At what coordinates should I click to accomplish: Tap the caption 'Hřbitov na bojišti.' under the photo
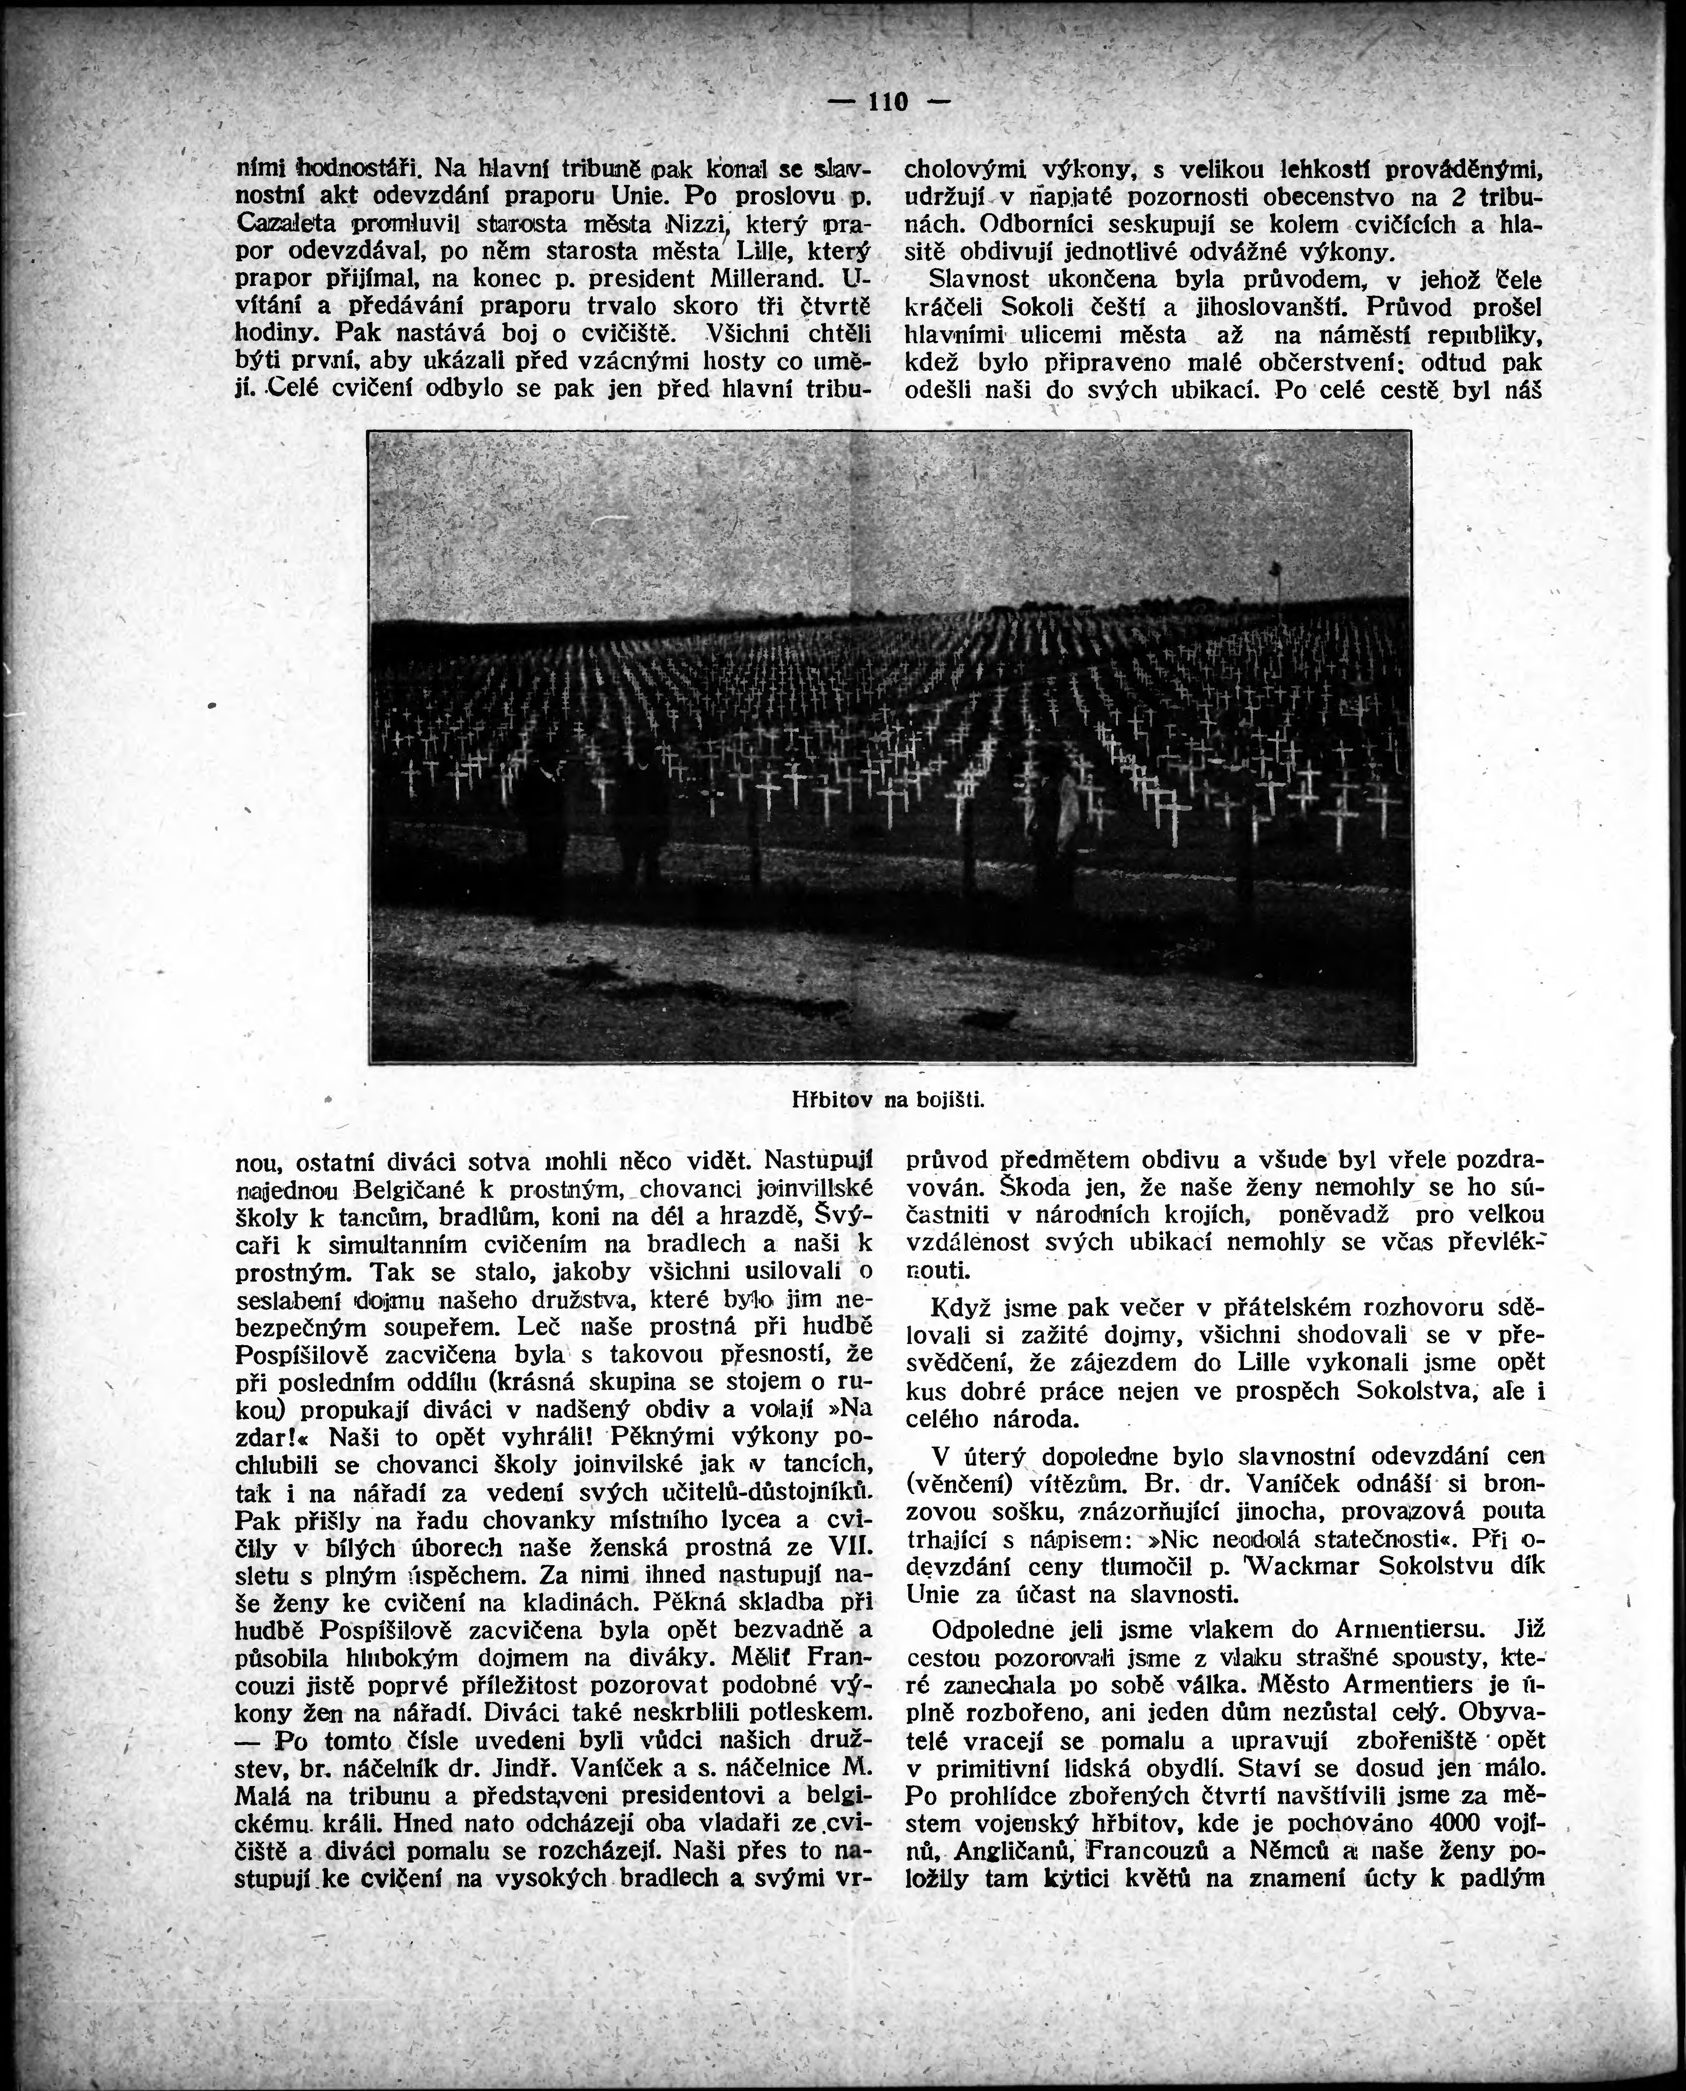(x=887, y=1100)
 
